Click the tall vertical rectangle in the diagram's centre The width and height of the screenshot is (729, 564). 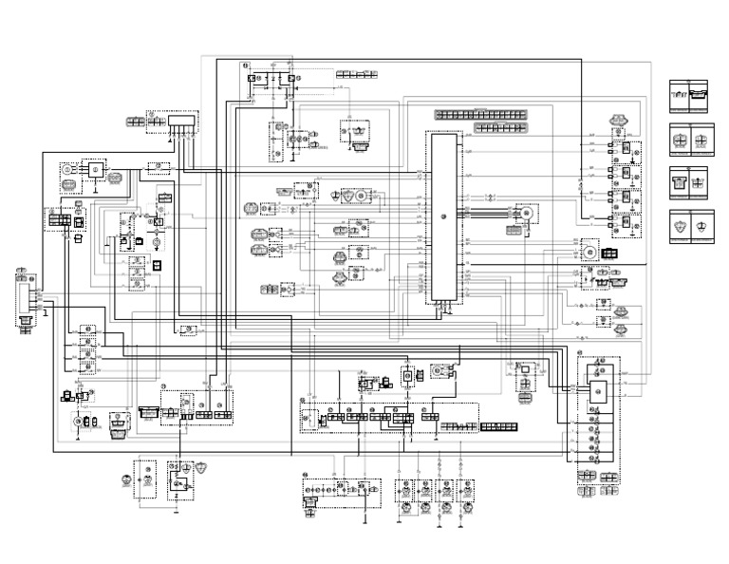(443, 217)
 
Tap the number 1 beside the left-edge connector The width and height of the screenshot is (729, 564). (45, 312)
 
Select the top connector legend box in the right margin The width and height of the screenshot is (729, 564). (692, 96)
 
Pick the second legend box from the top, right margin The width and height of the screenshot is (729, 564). (692, 140)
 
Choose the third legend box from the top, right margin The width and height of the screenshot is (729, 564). (692, 182)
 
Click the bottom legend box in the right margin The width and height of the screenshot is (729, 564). (692, 226)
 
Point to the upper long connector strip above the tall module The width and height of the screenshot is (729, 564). (480, 115)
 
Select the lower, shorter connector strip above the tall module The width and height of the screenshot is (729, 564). (500, 127)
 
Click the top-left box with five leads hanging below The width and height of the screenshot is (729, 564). (182, 122)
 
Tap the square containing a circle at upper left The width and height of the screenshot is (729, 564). (95, 169)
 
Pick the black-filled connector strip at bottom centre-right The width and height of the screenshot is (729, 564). (499, 427)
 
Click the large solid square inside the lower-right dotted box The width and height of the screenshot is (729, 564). (598, 390)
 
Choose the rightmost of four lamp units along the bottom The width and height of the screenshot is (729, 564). (466, 490)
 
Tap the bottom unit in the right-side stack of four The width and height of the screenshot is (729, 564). (626, 224)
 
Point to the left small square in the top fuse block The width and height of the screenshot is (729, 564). (252, 78)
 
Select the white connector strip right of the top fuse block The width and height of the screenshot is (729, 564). (357, 74)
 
